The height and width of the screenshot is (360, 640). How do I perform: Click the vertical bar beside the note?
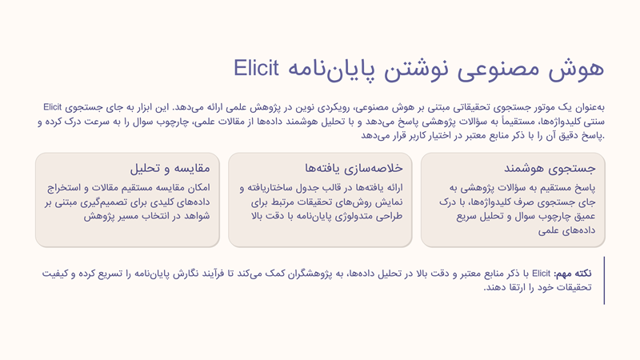pos(604,281)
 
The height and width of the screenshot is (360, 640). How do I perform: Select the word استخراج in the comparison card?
pos(63,188)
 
